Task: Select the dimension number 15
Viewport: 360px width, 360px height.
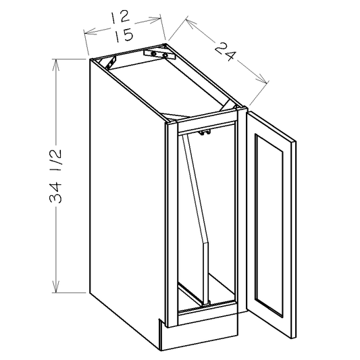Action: (x=124, y=37)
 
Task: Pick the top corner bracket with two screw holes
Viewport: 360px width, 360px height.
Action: (x=160, y=53)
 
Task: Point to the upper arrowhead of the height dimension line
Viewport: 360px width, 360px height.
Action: (x=57, y=61)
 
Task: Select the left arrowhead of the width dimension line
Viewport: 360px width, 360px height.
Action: (x=85, y=31)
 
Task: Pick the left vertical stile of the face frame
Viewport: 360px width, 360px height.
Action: (x=171, y=223)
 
